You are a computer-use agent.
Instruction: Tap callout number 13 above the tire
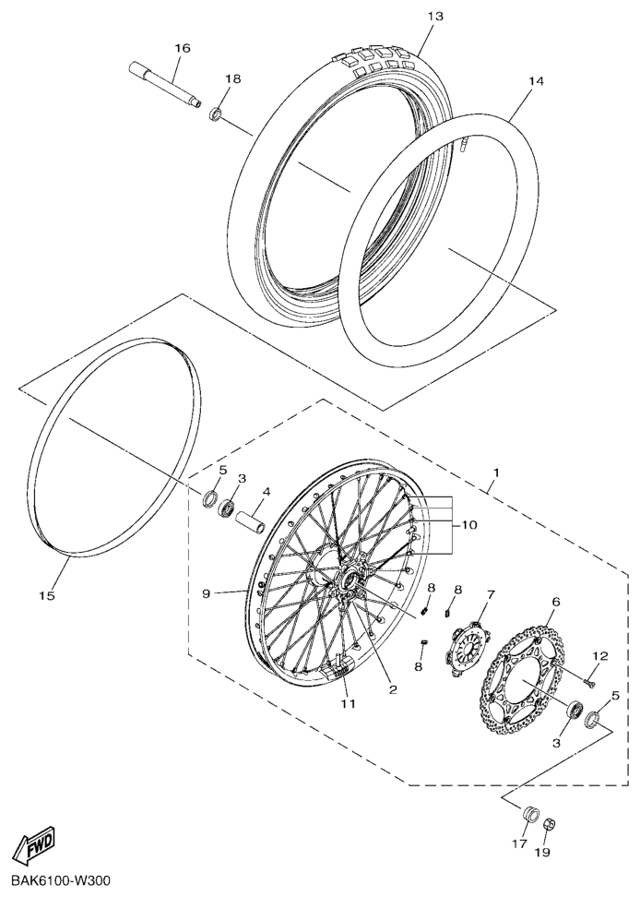(x=435, y=16)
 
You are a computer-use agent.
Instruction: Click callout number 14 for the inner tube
(x=535, y=82)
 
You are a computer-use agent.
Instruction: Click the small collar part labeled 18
(x=216, y=114)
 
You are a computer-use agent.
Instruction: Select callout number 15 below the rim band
(x=47, y=596)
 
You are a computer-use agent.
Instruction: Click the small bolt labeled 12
(x=588, y=681)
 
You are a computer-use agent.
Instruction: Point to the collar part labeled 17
(x=528, y=814)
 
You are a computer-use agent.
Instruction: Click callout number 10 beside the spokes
(x=469, y=524)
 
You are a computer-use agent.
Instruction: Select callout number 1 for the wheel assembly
(x=496, y=473)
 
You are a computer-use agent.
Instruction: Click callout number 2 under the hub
(x=393, y=689)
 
